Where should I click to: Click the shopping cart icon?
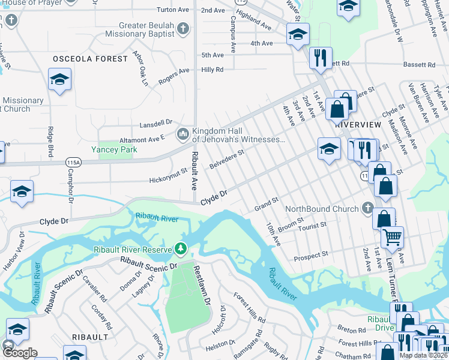coord(392,237)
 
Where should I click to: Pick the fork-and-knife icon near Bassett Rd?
coord(321,58)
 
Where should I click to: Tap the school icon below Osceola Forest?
coord(59,80)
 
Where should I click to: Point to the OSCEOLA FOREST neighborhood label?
coord(90,59)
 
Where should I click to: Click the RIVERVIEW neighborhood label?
coord(358,124)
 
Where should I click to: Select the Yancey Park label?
coord(114,149)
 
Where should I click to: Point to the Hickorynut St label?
coord(169,179)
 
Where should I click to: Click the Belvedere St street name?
coord(226,159)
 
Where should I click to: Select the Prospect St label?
coord(310,257)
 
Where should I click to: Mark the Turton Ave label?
coord(172,10)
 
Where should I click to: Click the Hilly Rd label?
coord(212,70)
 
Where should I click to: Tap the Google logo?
coord(19,352)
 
